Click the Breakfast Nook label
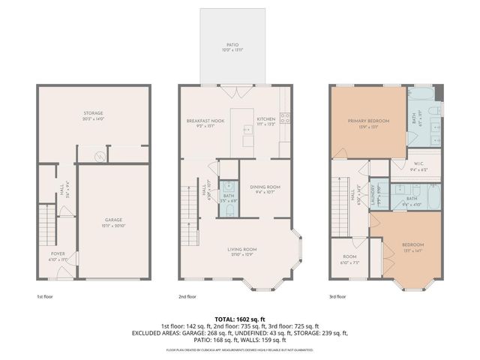tap(205, 120)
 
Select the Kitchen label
tap(266, 120)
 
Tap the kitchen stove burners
tap(285, 118)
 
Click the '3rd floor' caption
tap(339, 295)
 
